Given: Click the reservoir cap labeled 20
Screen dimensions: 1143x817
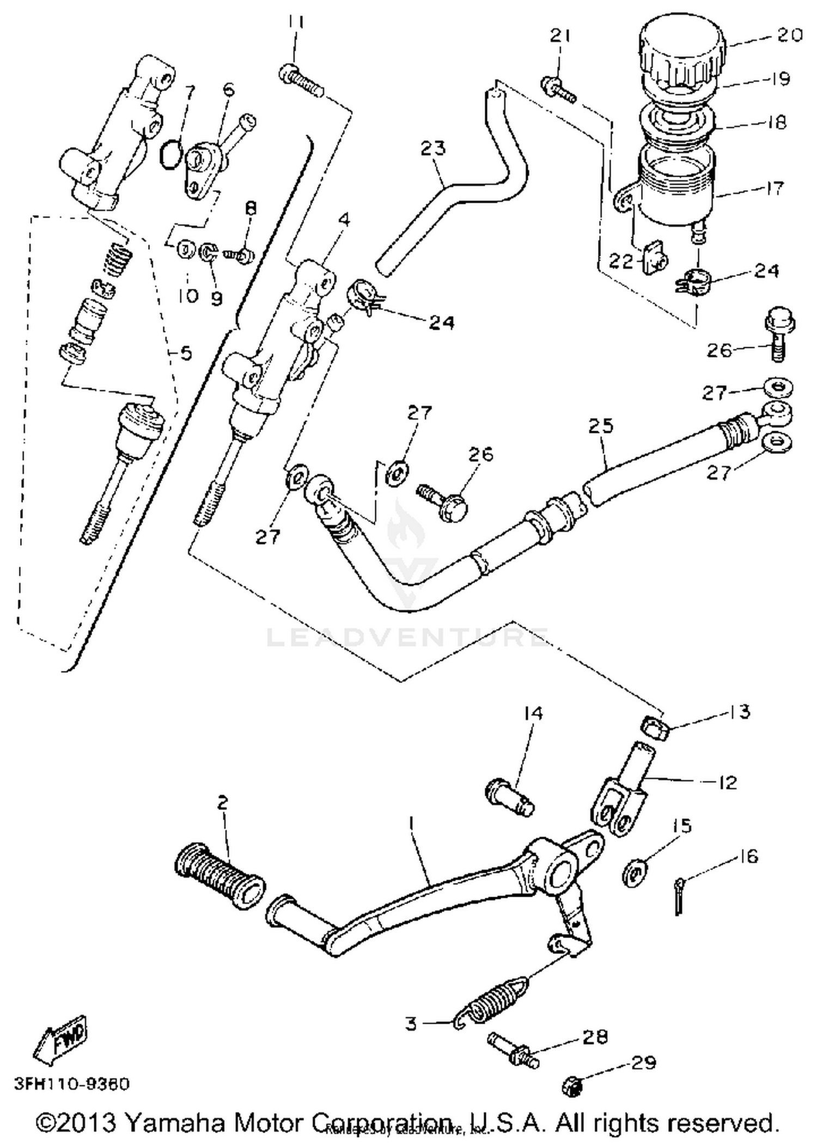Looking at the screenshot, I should tap(684, 52).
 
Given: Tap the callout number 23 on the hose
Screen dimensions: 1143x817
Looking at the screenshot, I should tap(433, 148).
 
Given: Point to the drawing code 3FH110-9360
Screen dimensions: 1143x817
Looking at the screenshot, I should tap(72, 1084).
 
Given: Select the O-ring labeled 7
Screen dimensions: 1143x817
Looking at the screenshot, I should tap(171, 155).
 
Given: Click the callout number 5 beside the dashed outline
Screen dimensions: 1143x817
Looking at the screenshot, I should tap(186, 354).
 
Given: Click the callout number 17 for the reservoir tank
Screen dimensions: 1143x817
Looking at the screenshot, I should tap(773, 188).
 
